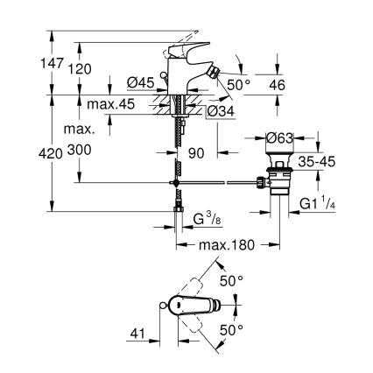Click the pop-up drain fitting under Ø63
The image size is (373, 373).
281,179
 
